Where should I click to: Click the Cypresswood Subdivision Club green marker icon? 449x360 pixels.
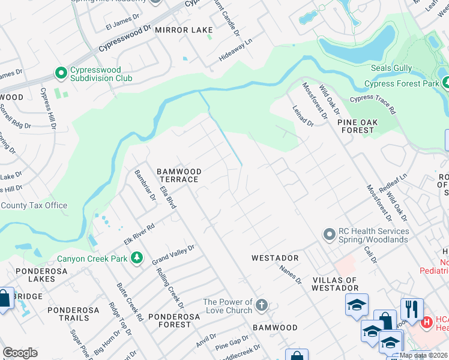point(61,73)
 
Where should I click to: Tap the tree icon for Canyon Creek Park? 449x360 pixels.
point(137,257)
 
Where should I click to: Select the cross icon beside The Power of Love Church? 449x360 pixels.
point(261,305)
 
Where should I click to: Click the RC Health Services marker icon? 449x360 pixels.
point(328,233)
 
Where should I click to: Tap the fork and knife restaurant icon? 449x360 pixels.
point(411,309)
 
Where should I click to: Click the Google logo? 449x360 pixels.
point(20,353)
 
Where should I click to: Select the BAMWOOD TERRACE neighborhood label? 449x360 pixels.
point(178,175)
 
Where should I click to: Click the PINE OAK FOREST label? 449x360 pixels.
point(358,126)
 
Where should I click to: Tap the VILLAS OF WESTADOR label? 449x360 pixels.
point(335,284)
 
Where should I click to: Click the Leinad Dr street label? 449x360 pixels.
point(303,115)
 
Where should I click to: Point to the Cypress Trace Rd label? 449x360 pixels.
point(373,104)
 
